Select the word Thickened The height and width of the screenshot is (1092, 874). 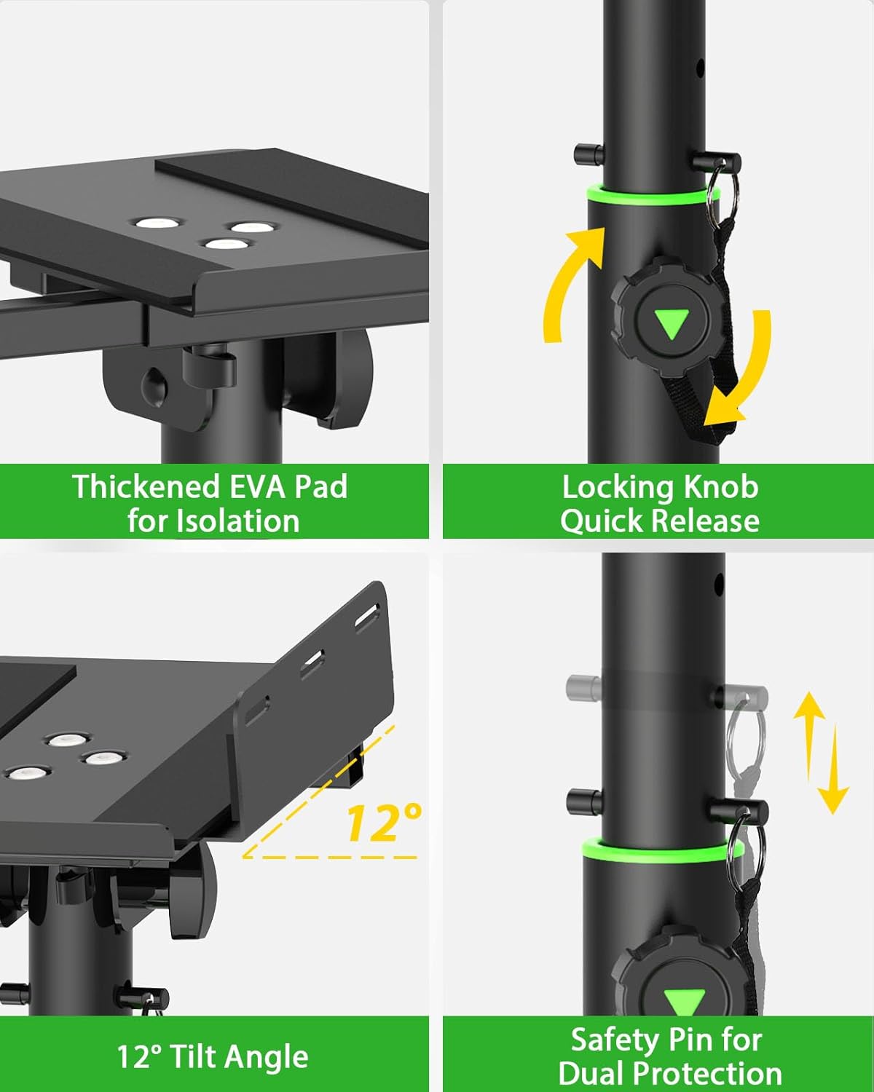pos(146,486)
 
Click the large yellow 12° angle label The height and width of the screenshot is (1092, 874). pos(383,823)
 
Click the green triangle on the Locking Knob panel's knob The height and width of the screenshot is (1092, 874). pos(671,323)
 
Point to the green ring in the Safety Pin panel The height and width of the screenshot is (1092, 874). pos(659,850)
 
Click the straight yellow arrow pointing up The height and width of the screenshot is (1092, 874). pos(808,735)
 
